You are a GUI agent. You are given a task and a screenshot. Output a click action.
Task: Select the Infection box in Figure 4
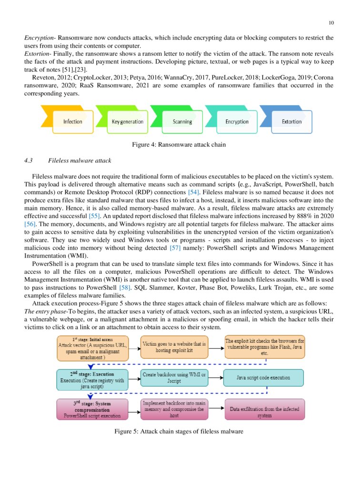click(x=73, y=122)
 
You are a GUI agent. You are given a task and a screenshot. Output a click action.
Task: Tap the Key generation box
click(x=128, y=122)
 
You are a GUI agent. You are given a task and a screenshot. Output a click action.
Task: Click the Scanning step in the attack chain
click(x=182, y=122)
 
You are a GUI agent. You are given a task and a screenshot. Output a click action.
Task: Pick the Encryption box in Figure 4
click(x=237, y=122)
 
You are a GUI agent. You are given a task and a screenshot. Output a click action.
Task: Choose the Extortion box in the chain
click(x=291, y=122)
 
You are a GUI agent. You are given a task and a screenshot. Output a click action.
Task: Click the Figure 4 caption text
click(x=179, y=144)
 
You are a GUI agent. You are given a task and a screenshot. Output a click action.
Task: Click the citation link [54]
click(x=193, y=192)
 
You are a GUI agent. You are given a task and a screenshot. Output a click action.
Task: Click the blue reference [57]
click(x=175, y=248)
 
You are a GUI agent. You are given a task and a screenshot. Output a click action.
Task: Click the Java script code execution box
click(x=263, y=378)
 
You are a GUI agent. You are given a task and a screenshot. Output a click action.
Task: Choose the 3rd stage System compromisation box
click(x=92, y=409)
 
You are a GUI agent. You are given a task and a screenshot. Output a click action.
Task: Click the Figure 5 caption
click(x=179, y=431)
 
